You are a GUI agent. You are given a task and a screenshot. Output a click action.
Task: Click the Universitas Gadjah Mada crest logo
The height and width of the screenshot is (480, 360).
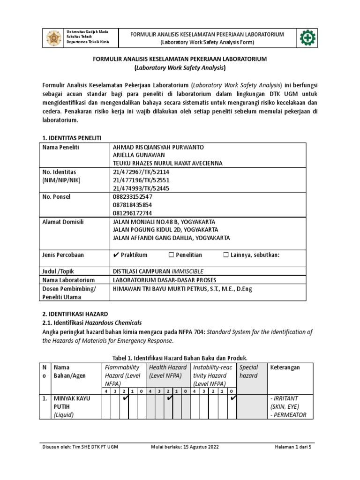pos(53,38)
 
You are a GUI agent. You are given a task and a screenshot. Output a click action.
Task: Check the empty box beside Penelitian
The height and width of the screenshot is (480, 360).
pos(171,255)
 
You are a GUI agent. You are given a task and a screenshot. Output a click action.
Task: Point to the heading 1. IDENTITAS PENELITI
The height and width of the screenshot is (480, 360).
pos(71,137)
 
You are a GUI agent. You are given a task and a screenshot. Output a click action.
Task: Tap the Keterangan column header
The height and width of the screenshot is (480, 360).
pos(286,367)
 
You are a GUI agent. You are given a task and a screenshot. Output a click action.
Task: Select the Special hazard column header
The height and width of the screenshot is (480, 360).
pos(249,372)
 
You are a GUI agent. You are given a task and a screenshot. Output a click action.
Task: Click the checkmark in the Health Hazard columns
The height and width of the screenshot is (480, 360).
pos(169,398)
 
